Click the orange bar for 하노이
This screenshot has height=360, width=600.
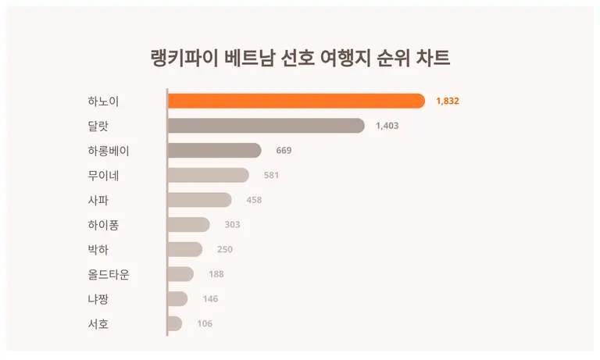[296, 101]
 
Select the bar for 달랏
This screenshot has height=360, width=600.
[266, 126]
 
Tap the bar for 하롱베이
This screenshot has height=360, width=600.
[214, 151]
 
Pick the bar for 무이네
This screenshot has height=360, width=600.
[208, 175]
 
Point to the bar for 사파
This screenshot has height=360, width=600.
[199, 200]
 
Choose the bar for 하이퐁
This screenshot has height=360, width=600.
[188, 225]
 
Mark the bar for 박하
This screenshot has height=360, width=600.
[184, 249]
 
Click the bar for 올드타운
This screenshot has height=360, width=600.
[180, 274]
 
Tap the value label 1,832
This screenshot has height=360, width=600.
[448, 101]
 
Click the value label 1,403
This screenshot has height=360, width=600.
[387, 126]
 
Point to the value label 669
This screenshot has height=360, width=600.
[284, 151]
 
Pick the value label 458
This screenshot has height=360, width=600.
[254, 200]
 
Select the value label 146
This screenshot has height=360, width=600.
[210, 299]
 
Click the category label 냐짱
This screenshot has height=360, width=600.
[98, 299]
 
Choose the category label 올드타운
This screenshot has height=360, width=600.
[109, 274]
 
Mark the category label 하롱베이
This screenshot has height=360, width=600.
[109, 151]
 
